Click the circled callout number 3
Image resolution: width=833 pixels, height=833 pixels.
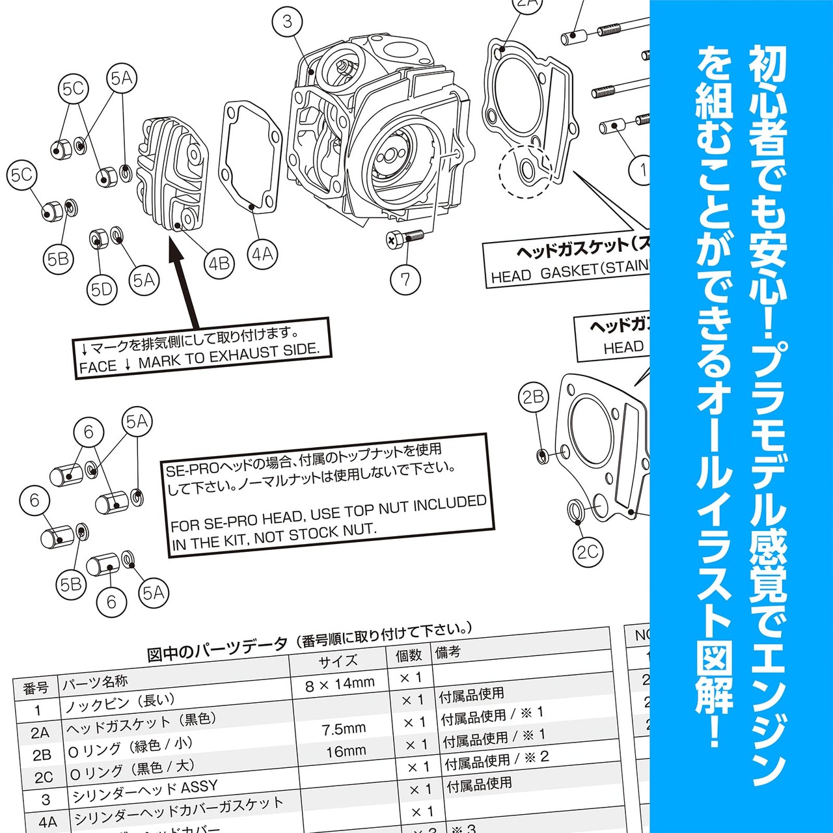tap(288, 21)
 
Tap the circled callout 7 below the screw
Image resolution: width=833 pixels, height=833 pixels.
tap(405, 279)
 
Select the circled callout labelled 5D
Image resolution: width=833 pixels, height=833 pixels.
tap(102, 290)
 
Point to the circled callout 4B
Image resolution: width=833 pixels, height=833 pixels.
tap(219, 264)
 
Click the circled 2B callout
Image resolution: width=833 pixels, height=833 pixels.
tap(533, 397)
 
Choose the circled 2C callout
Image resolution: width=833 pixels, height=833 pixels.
tap(587, 552)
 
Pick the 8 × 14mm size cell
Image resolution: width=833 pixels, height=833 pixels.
tap(340, 683)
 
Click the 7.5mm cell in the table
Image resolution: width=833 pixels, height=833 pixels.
tap(344, 729)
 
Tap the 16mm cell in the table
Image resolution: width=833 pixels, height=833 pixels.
tap(346, 752)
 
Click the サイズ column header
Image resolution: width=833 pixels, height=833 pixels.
tap(338, 661)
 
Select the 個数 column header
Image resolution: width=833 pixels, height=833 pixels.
tap(409, 655)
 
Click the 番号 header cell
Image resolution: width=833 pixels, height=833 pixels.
tap(36, 689)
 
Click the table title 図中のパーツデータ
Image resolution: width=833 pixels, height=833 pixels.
tap(217, 649)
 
